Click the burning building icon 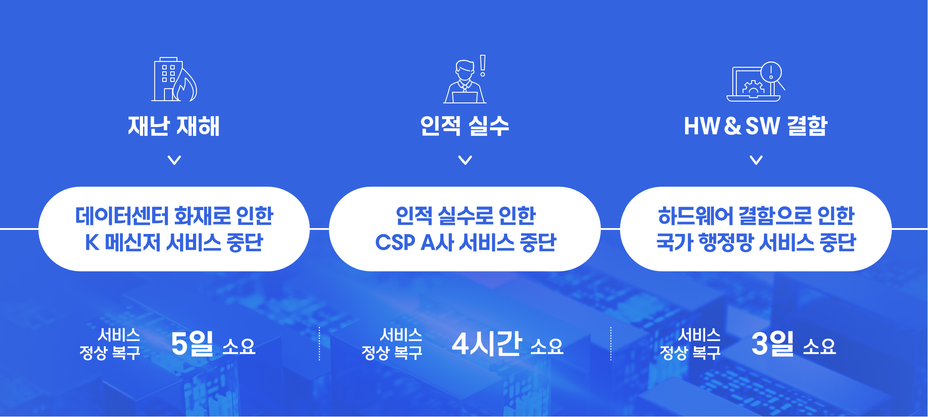click(x=174, y=79)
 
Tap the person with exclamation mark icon click(x=465, y=79)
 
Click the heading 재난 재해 click(x=174, y=126)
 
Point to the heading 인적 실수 click(x=465, y=126)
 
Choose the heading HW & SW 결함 click(x=756, y=126)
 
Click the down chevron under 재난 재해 click(x=174, y=160)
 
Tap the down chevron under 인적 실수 click(x=465, y=160)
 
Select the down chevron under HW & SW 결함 click(x=756, y=160)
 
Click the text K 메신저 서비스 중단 click(x=174, y=243)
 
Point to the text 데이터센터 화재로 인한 click(x=174, y=216)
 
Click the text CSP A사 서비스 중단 click(x=466, y=243)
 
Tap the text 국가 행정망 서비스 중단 click(x=756, y=243)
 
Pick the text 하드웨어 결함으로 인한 click(x=756, y=216)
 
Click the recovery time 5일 click(x=192, y=343)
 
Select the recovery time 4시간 click(x=487, y=343)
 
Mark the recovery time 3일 click(x=772, y=343)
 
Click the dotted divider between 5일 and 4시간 click(x=320, y=343)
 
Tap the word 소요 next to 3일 click(x=819, y=346)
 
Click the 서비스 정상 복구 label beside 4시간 click(x=392, y=344)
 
